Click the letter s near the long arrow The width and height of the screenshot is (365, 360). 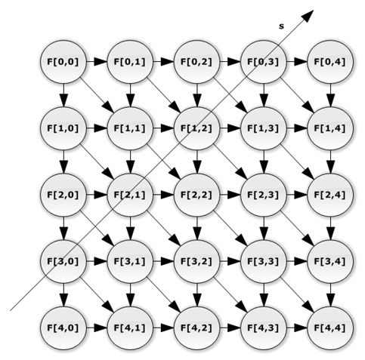[281, 26]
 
